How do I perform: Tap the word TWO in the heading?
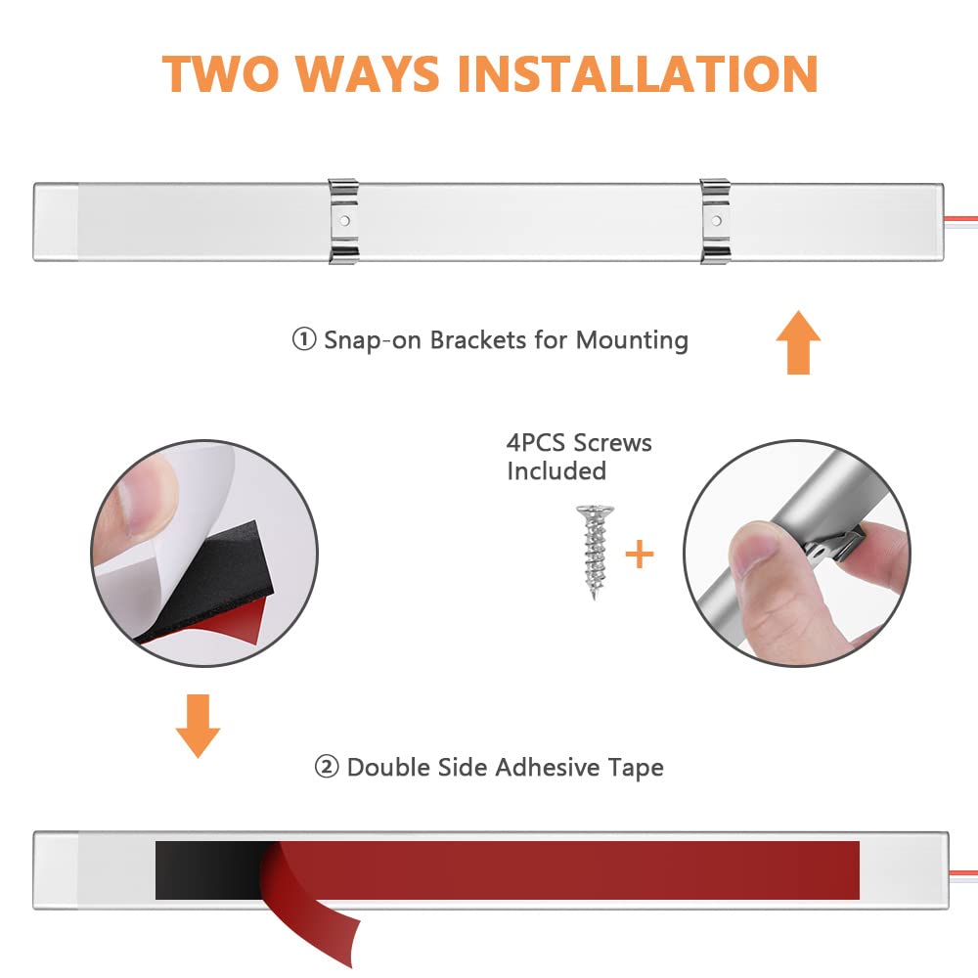click(x=219, y=73)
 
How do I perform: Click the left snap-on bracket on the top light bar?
click(x=343, y=221)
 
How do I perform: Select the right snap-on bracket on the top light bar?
click(x=716, y=221)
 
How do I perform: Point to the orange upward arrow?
click(x=798, y=341)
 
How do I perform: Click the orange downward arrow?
click(x=198, y=726)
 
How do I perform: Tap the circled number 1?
click(x=304, y=339)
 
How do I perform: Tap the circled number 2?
click(x=327, y=767)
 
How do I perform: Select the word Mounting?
click(x=632, y=341)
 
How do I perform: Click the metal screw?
click(x=595, y=552)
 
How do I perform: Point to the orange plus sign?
click(x=640, y=555)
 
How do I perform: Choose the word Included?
click(x=556, y=471)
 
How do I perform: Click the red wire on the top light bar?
click(x=960, y=218)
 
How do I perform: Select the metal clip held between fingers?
click(x=832, y=545)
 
